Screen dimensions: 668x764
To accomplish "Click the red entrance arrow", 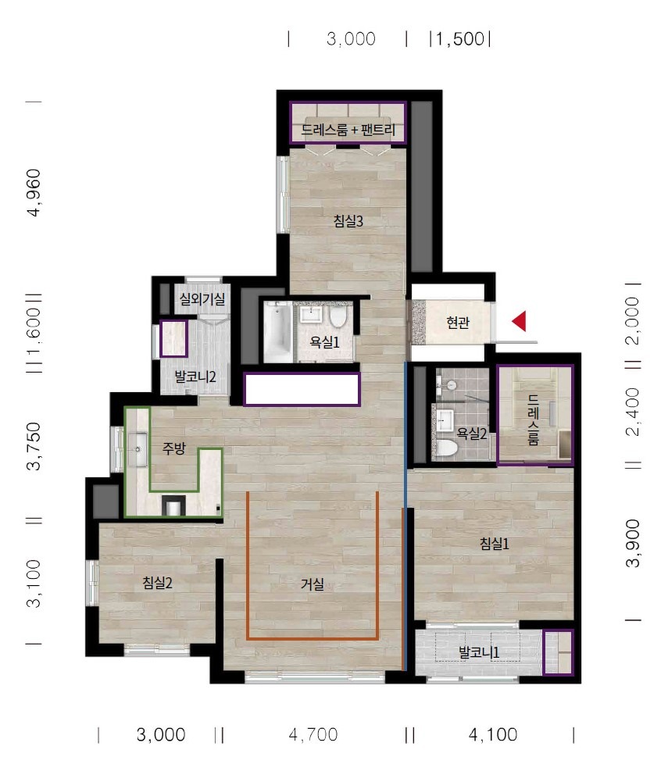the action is pos(520,321).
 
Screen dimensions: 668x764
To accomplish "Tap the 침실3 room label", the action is pos(348,221).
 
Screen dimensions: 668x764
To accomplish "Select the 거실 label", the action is pos(313,584).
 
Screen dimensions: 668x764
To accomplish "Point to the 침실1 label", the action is pos(495,543).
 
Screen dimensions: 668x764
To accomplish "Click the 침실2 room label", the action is pos(157,583).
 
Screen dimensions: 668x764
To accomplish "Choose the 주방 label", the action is pos(174,448).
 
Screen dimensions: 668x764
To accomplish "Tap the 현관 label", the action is pos(458,323).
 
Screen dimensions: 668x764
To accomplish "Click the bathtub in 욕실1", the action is pos(277,332).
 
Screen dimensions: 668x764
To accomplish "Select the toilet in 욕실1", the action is pos(338,316).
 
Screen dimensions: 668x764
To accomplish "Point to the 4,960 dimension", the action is pos(34,192).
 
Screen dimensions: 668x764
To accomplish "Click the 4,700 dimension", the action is pos(313,734).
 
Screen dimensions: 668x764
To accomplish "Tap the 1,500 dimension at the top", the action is pos(460,39).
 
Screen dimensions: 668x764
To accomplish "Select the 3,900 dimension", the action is pos(632,543).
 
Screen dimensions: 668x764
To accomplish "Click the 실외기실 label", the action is pos(202,298).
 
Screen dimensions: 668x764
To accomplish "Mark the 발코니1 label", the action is pos(479,652).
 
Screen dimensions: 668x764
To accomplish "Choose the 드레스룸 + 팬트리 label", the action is pos(348,130).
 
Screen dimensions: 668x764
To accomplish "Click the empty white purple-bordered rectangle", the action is pos(302,389).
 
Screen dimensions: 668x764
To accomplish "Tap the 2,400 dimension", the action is pos(632,412).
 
